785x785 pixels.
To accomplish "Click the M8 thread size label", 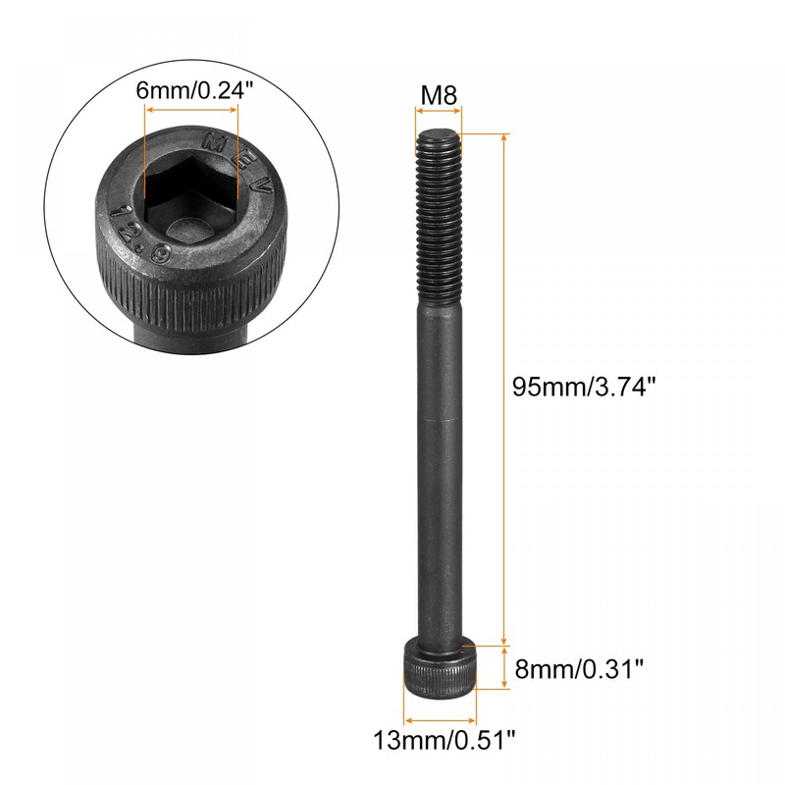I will pos(437,96).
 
